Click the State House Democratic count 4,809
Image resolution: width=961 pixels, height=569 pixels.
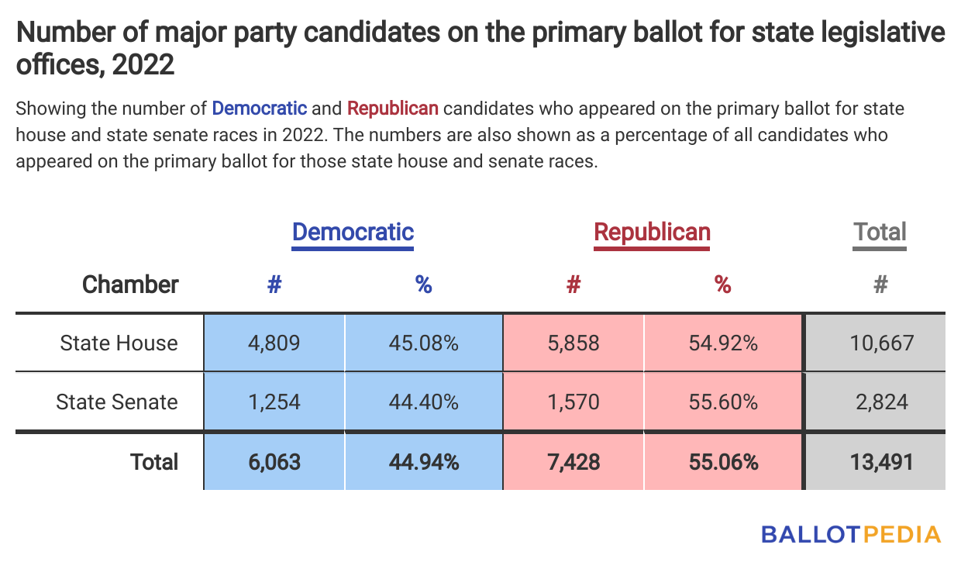[x=274, y=343]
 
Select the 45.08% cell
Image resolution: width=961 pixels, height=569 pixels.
[x=423, y=343]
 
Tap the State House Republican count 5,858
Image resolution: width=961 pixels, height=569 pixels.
[x=573, y=343]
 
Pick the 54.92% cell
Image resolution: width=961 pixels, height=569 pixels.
[x=722, y=343]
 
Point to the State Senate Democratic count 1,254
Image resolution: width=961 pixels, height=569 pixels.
[x=274, y=402]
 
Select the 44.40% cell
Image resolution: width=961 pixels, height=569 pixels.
[x=423, y=402]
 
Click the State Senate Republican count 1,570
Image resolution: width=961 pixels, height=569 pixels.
[x=573, y=402]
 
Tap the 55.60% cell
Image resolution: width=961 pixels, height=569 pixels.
[x=722, y=402]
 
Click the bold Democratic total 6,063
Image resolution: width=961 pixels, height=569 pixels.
[x=274, y=462]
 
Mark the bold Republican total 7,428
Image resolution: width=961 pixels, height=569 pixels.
[x=573, y=462]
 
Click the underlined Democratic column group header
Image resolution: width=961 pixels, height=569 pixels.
[x=353, y=232]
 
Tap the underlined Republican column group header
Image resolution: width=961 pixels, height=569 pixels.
[x=652, y=232]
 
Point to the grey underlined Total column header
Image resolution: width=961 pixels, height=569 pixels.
[x=880, y=232]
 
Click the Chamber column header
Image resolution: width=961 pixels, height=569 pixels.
[x=130, y=284]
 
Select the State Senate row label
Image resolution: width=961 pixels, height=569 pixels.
[x=117, y=402]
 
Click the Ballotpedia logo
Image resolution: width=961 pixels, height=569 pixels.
[x=850, y=534]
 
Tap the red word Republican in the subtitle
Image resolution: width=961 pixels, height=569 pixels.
[x=393, y=108]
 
